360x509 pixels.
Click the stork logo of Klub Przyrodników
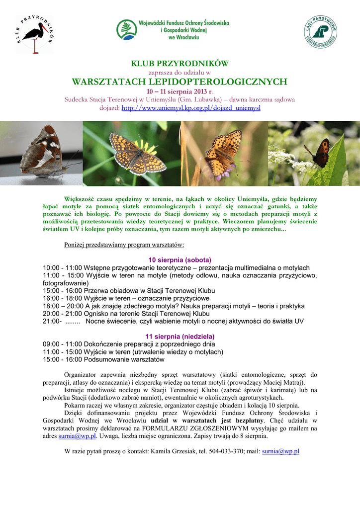coord(35,34)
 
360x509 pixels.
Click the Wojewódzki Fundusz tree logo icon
coord(126,30)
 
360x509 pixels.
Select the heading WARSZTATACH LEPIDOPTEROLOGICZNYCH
coord(180,82)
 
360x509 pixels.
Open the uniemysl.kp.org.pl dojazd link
coord(191,107)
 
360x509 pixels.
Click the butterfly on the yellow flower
coord(138,154)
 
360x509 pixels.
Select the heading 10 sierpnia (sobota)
coord(180,260)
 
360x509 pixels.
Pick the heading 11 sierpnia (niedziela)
coord(180,337)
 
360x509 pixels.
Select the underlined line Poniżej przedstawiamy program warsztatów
coord(124,245)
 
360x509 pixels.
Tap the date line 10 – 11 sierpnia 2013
coord(180,91)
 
